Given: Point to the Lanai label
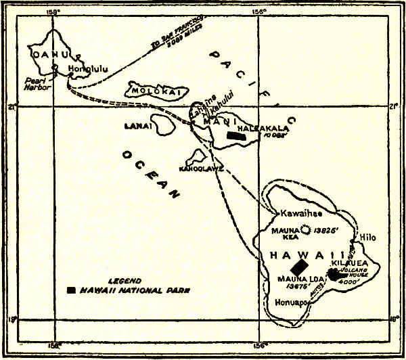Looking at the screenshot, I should pos(134,126).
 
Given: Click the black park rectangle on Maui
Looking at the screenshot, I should pos(235,136).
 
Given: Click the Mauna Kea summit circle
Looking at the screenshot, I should pos(304,231).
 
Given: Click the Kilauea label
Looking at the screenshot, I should pos(350,261).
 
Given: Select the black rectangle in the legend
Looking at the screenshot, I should pos(71,290).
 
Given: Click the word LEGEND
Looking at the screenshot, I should pos(125,280).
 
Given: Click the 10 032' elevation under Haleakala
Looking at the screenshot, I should pos(276,135).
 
